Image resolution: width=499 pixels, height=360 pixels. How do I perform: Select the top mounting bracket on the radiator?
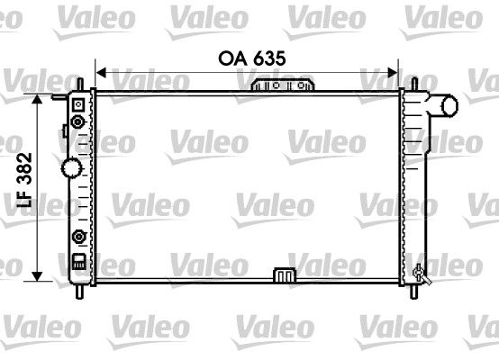pyautogui.click(x=284, y=85)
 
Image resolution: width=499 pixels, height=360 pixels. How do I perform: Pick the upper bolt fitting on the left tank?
pyautogui.click(x=78, y=121)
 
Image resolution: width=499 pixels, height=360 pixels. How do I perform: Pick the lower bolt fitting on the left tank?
pyautogui.click(x=78, y=238)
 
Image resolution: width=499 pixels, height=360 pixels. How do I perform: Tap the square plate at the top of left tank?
pyautogui.click(x=78, y=103)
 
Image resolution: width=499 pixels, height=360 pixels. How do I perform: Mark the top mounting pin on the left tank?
pyautogui.click(x=79, y=83)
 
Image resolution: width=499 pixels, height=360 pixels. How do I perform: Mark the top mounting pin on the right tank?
pyautogui.click(x=414, y=83)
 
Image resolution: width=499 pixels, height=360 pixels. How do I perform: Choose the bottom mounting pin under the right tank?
pyautogui.click(x=413, y=290)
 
